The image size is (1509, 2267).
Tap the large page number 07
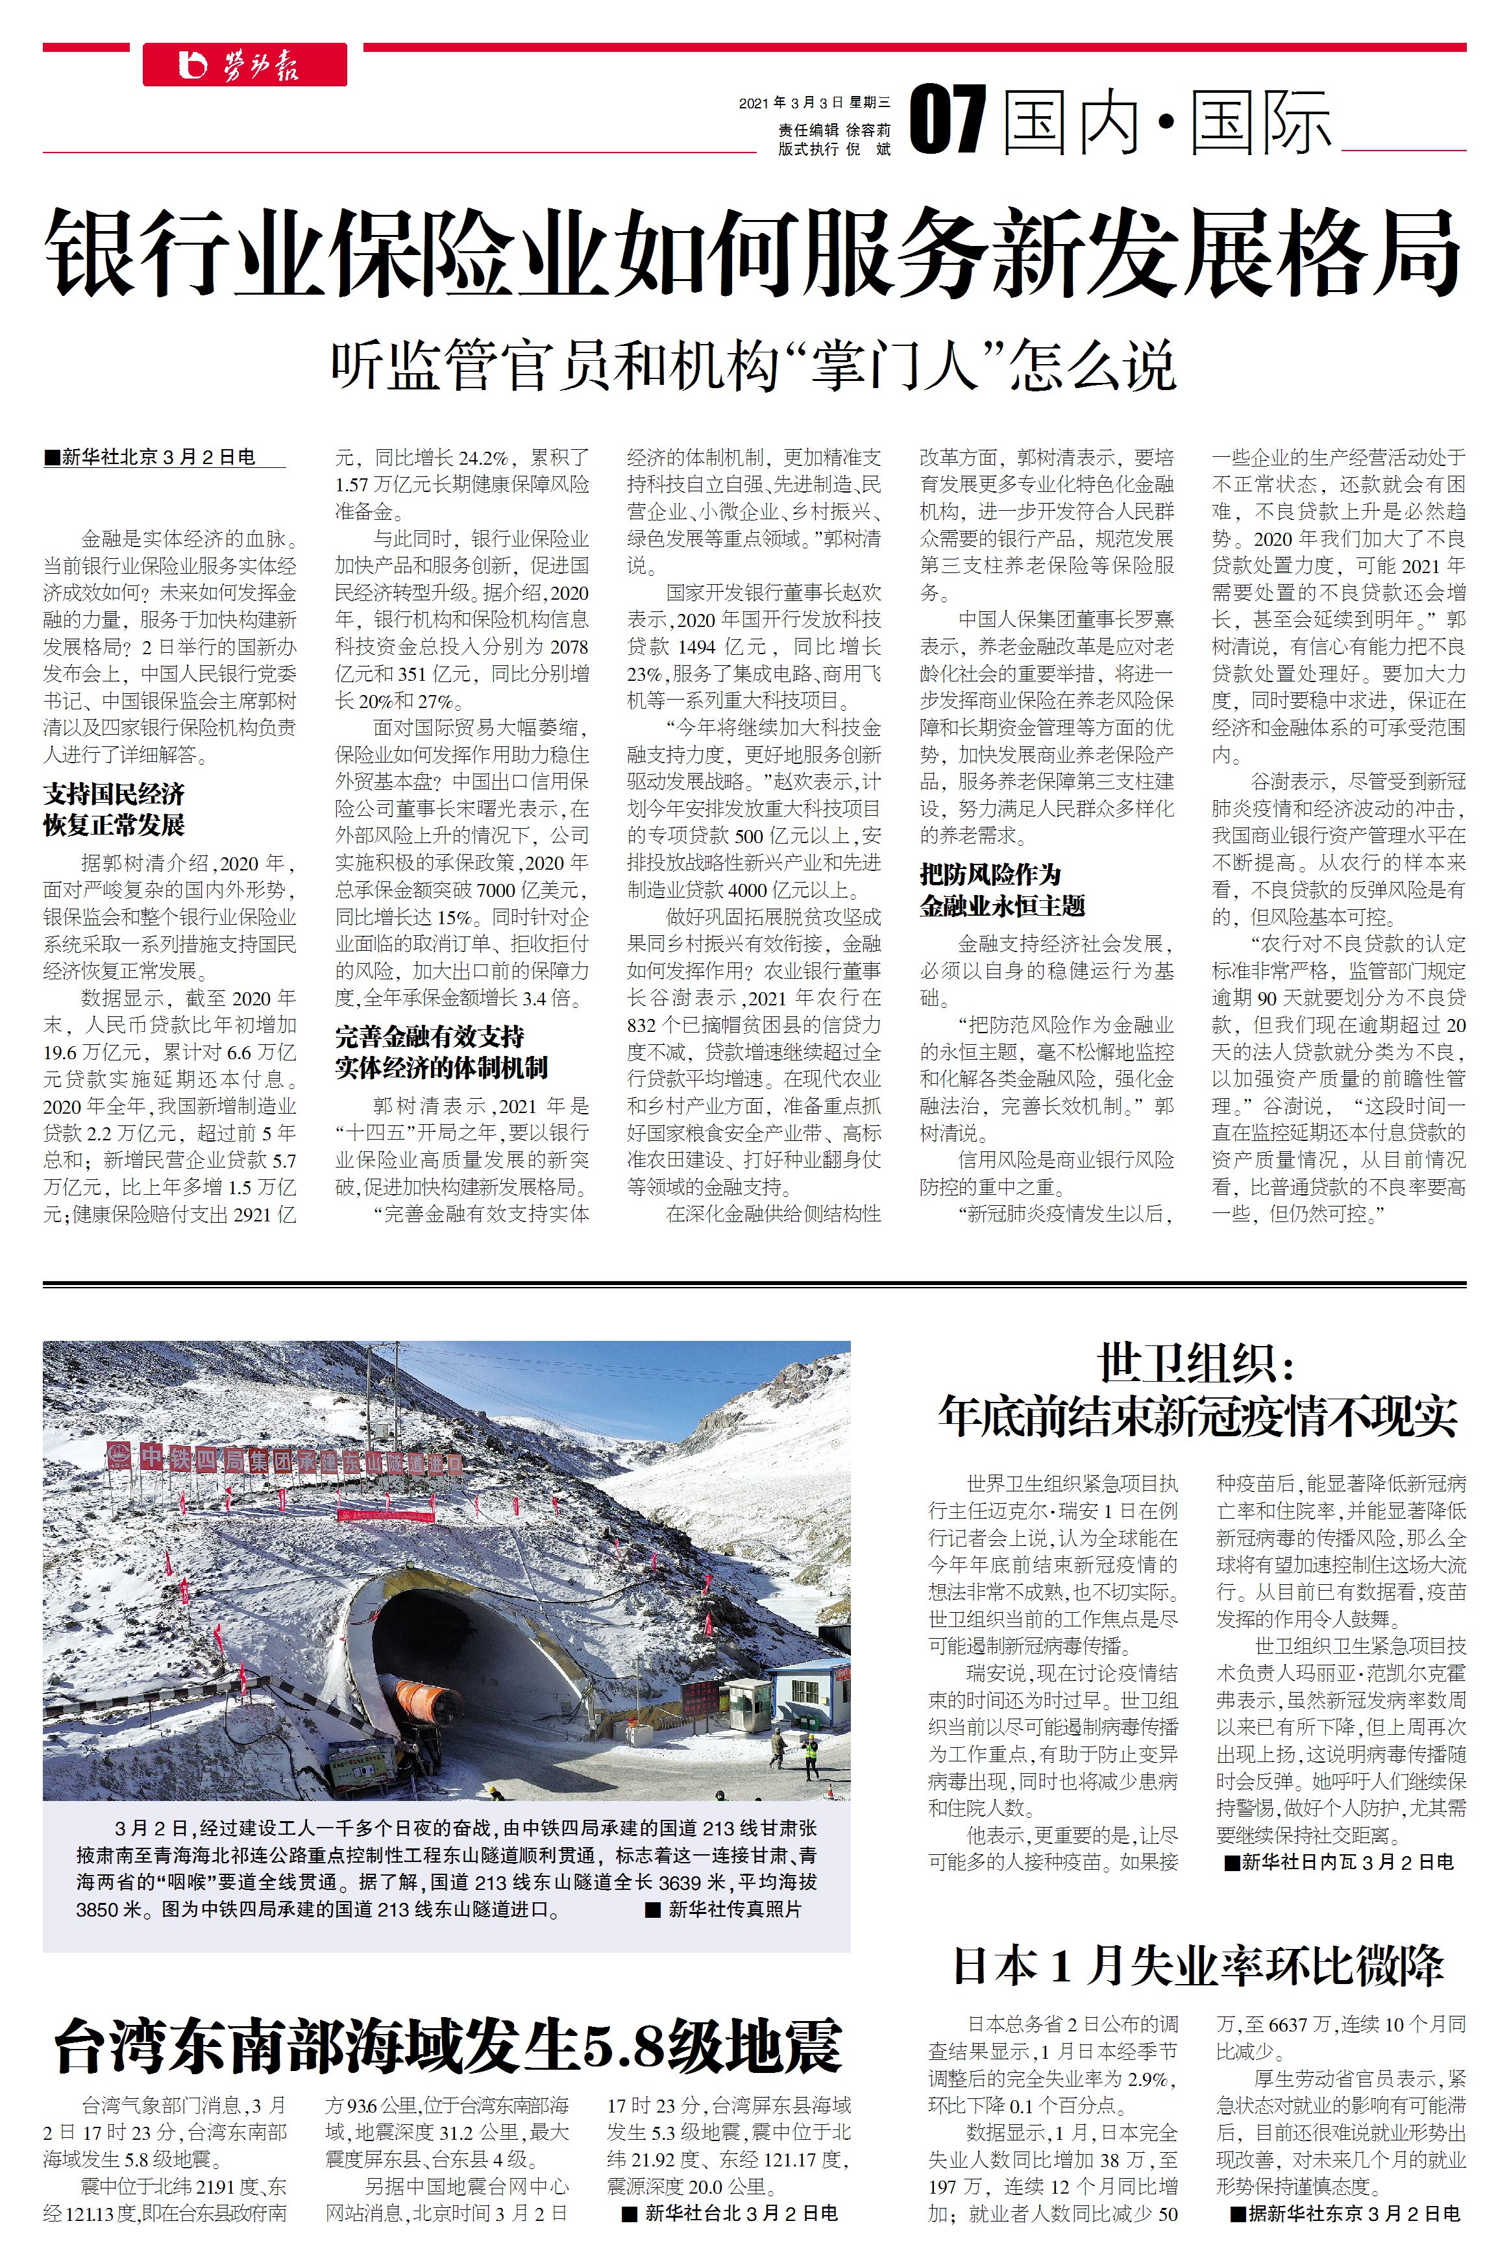click(948, 119)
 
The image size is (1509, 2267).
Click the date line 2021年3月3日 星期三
click(814, 102)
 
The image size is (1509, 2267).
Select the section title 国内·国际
click(1166, 122)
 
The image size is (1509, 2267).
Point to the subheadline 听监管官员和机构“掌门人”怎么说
click(753, 365)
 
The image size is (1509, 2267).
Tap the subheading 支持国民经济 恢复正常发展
click(114, 809)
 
